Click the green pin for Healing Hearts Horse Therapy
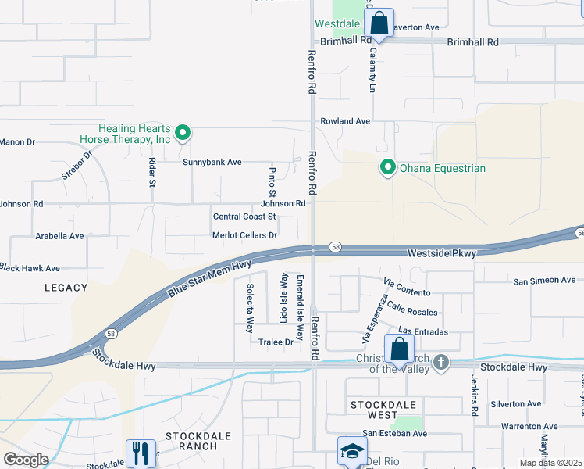(182, 133)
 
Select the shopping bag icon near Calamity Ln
(379, 23)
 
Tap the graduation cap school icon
(351, 451)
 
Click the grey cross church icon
(441, 362)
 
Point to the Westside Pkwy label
(442, 253)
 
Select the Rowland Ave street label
(345, 121)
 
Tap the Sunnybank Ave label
(212, 162)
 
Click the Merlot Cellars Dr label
(244, 235)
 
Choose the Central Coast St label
(244, 217)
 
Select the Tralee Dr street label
(276, 342)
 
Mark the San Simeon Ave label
(544, 280)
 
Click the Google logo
(26, 459)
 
